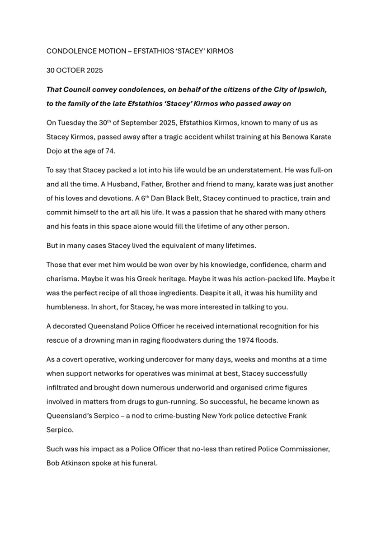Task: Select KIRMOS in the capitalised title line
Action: [220, 51]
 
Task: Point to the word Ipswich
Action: [312, 89]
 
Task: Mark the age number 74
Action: [110, 151]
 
